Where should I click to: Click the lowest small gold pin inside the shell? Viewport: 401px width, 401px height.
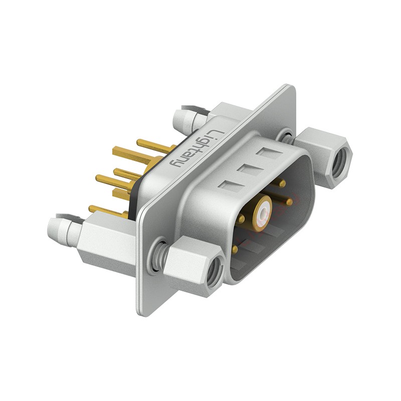[x=235, y=248]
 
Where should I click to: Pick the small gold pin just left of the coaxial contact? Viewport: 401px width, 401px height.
[x=242, y=219]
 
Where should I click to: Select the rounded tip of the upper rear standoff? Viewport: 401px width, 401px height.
[x=178, y=118]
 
